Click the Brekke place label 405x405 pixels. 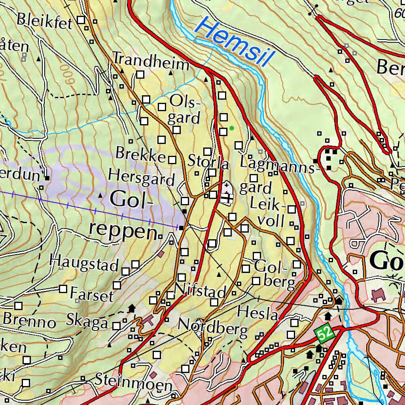pyautogui.click(x=140, y=154)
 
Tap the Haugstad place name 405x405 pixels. pyautogui.click(x=84, y=263)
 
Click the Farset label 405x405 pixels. pyautogui.click(x=92, y=295)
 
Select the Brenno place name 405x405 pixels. pyautogui.click(x=29, y=320)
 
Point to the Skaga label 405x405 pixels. pyautogui.click(x=87, y=321)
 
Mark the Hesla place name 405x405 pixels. pyautogui.click(x=258, y=314)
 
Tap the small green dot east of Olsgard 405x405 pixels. pyautogui.click(x=231, y=128)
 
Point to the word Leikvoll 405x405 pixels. pyautogui.click(x=268, y=212)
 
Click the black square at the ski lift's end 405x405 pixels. pyautogui.click(x=181, y=228)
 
